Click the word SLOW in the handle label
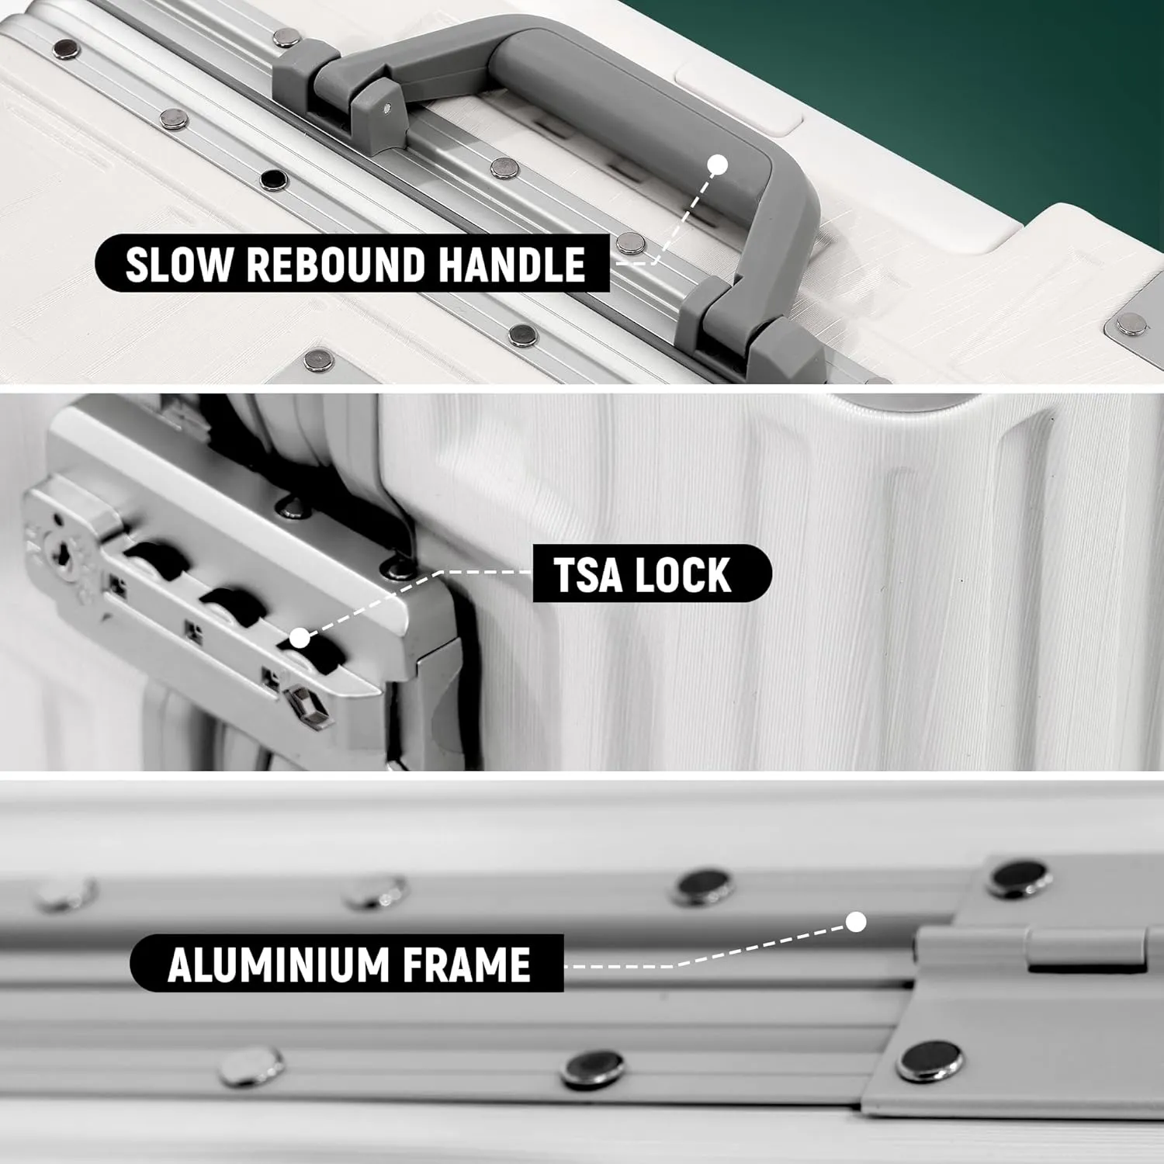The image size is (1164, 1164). [178, 264]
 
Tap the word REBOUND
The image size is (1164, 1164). [336, 264]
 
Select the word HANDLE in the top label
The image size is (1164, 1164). [512, 264]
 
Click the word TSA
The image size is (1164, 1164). [587, 574]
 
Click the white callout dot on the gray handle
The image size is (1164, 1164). [718, 165]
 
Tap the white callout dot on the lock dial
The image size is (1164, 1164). [300, 639]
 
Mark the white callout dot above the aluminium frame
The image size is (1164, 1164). [856, 922]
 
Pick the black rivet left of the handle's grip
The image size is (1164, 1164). [273, 181]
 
